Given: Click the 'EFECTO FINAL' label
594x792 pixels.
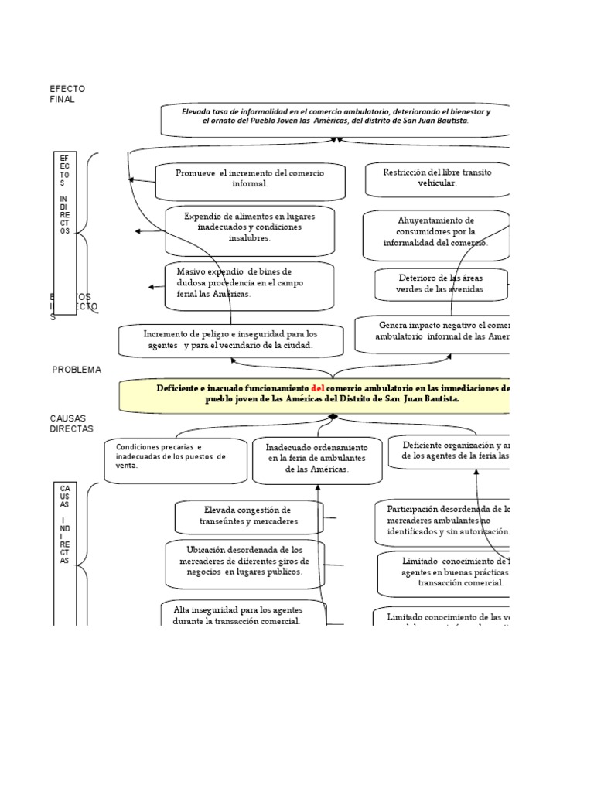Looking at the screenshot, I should [x=67, y=94].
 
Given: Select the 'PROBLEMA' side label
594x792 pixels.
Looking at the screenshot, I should [x=77, y=370].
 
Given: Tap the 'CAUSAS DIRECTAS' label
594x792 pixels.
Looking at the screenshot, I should [x=71, y=422].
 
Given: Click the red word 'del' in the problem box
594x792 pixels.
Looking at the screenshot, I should [x=317, y=388].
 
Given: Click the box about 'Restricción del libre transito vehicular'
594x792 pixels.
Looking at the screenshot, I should [x=438, y=178].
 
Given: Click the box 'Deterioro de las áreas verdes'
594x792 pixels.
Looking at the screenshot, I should [x=441, y=283].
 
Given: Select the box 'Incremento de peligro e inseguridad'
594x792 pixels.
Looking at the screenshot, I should [x=230, y=340].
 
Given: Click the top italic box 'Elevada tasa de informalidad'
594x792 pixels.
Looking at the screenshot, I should [x=336, y=117].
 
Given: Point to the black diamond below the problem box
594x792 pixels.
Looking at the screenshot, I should [x=333, y=416].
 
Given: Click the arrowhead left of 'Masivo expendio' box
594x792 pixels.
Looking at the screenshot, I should [x=152, y=287].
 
